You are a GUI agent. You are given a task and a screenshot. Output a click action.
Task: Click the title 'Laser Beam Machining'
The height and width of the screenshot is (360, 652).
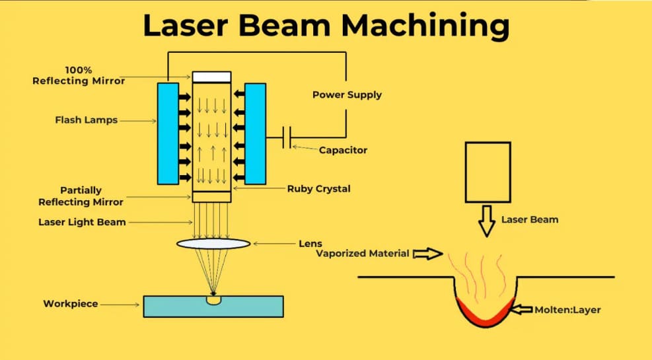click(x=326, y=26)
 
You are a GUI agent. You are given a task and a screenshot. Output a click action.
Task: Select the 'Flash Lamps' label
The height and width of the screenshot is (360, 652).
click(x=86, y=120)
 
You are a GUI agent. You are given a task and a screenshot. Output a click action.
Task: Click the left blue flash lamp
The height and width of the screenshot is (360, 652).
click(x=168, y=133)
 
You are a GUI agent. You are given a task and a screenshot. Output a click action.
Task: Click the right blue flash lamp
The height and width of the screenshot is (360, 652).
click(x=255, y=133)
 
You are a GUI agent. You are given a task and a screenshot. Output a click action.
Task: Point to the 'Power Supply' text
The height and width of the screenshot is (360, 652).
click(x=347, y=94)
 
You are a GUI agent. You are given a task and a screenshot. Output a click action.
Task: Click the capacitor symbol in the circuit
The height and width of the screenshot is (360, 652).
click(x=287, y=138)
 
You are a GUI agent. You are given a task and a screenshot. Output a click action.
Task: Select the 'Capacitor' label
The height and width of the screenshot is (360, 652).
click(x=343, y=150)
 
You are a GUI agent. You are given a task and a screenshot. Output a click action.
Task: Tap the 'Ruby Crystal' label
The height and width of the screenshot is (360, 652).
click(x=318, y=189)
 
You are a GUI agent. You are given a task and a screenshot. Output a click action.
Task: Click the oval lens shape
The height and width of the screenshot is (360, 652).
click(x=213, y=244)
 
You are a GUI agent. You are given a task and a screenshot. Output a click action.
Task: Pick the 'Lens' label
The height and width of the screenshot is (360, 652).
click(x=310, y=244)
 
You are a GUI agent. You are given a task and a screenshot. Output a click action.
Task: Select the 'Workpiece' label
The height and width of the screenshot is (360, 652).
click(x=71, y=304)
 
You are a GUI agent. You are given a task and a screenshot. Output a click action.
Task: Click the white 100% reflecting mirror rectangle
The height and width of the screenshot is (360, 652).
click(x=211, y=77)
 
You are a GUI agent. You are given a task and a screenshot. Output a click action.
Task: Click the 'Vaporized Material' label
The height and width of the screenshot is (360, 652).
click(x=363, y=253)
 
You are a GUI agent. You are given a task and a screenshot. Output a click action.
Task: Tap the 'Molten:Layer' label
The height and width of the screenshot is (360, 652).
click(x=567, y=308)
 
